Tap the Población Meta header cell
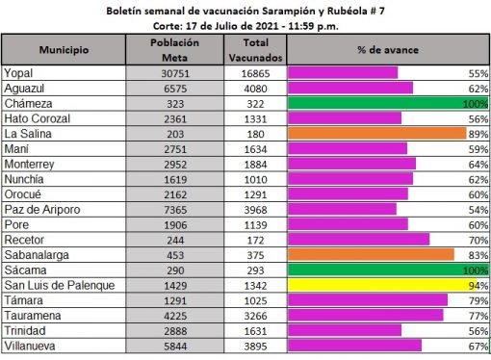pyautogui.click(x=175, y=49)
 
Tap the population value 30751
pyautogui.click(x=175, y=73)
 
